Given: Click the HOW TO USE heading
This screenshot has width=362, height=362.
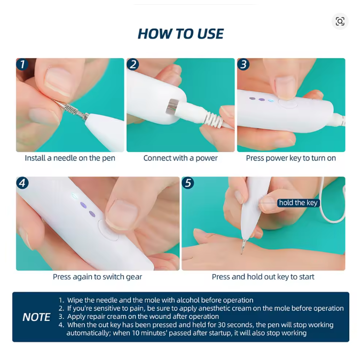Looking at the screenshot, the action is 180,34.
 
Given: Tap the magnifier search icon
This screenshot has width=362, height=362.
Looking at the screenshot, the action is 340,21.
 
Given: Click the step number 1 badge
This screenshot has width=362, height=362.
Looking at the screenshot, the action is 22,64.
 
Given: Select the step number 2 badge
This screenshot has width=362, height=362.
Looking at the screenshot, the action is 133,64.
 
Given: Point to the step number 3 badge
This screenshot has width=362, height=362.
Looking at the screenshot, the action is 243,64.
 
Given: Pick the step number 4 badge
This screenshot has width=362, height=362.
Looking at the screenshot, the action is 22,183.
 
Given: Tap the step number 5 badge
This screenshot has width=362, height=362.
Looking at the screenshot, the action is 188,183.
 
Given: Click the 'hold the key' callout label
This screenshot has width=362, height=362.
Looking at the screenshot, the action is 298,203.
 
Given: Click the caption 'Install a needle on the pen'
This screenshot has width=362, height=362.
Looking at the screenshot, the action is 70,158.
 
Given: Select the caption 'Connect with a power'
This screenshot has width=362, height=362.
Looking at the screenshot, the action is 180,158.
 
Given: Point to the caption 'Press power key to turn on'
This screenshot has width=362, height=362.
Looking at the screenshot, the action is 291,158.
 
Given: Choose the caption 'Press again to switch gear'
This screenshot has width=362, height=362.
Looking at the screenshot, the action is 97,277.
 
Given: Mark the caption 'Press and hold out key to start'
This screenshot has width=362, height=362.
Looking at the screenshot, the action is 263,277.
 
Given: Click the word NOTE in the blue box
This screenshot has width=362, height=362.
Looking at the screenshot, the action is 36,317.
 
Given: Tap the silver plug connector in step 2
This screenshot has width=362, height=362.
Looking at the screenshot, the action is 172,107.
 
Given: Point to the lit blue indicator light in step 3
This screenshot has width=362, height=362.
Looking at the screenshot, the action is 271,101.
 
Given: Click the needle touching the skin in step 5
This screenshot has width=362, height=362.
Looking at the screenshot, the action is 243,247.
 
